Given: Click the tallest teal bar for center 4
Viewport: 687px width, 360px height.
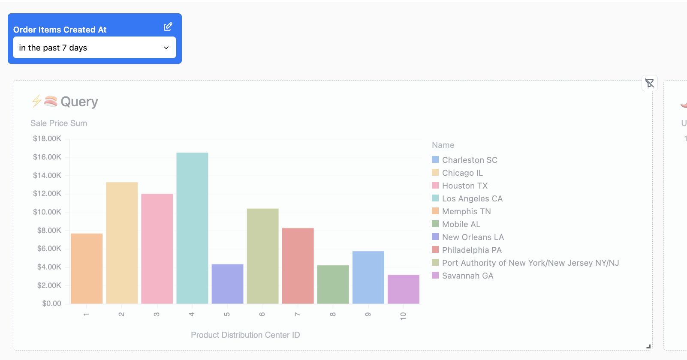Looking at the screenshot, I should [x=192, y=228].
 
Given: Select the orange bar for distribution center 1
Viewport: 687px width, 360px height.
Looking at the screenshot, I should [x=87, y=268].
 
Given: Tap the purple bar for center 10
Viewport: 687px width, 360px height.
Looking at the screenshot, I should [x=403, y=289].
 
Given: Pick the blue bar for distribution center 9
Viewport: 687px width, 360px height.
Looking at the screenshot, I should [x=368, y=277].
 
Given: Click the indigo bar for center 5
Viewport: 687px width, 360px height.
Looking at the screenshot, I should [x=227, y=284].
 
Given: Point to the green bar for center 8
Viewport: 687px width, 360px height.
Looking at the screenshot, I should [x=333, y=285].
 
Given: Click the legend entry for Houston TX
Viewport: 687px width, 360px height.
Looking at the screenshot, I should [x=464, y=186].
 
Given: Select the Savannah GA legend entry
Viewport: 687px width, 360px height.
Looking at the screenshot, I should [x=467, y=276].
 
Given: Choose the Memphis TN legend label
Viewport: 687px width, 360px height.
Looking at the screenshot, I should [x=466, y=211].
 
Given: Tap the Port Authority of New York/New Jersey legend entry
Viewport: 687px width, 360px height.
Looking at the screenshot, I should [x=530, y=263].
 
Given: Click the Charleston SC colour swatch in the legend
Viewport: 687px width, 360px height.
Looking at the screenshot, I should [x=435, y=160].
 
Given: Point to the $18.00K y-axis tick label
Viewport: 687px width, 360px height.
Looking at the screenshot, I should [x=47, y=138].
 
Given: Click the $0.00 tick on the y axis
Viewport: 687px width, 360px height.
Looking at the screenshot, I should [x=51, y=303].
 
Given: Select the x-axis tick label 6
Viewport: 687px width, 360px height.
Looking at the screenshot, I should [x=262, y=315].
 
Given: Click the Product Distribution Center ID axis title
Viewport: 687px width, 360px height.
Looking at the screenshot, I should [x=245, y=335].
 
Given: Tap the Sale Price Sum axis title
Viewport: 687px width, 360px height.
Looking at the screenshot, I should [x=59, y=123].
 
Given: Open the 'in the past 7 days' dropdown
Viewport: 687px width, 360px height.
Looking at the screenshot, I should [x=94, y=48].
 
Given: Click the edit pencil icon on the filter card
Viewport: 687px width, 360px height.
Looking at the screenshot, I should [x=168, y=27].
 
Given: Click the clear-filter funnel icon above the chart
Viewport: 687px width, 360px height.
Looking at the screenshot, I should [x=649, y=83].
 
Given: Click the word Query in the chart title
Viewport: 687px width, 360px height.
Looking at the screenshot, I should [x=79, y=102].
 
